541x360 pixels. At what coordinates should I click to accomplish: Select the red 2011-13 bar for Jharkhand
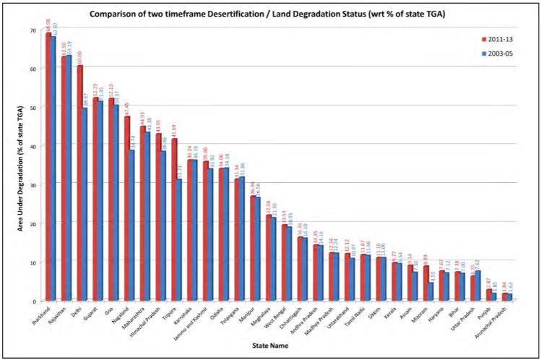[48, 166]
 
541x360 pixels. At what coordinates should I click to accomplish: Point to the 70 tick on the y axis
[33, 30]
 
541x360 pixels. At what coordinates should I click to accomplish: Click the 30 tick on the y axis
[33, 184]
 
